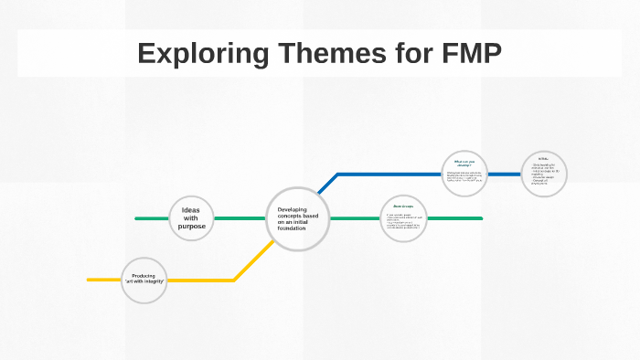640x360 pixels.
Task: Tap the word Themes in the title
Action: (312, 53)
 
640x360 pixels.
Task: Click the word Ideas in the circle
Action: (191, 210)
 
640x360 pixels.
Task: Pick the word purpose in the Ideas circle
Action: (191, 226)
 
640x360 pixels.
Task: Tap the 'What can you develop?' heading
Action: (464, 164)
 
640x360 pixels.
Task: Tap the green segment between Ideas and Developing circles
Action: (240, 218)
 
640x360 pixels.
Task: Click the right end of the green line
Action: (480, 218)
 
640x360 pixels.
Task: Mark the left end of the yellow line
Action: (90, 280)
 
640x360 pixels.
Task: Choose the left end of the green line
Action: (137, 218)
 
